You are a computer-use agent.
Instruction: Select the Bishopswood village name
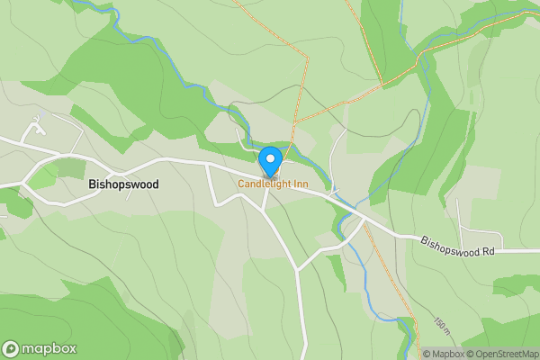tap(123, 184)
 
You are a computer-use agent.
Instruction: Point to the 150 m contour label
tap(440, 324)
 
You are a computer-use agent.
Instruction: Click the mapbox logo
tap(40, 348)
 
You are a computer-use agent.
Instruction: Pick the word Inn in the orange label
tap(296, 184)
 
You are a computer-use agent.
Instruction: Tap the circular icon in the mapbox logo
tap(12, 348)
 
